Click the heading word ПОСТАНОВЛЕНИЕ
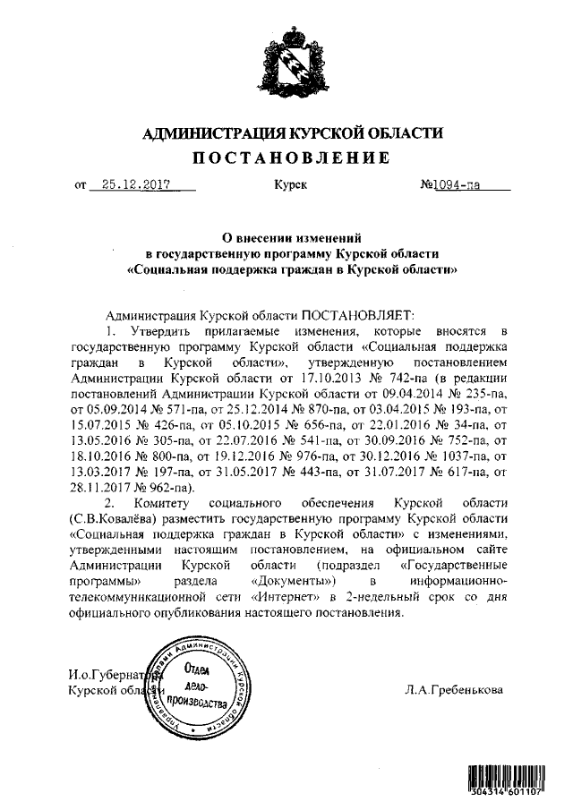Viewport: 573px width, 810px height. point(293,158)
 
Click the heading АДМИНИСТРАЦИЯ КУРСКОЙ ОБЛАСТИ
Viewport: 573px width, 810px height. point(293,133)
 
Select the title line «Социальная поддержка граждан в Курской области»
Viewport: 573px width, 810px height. point(293,268)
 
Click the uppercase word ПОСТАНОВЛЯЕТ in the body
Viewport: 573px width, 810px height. point(356,316)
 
